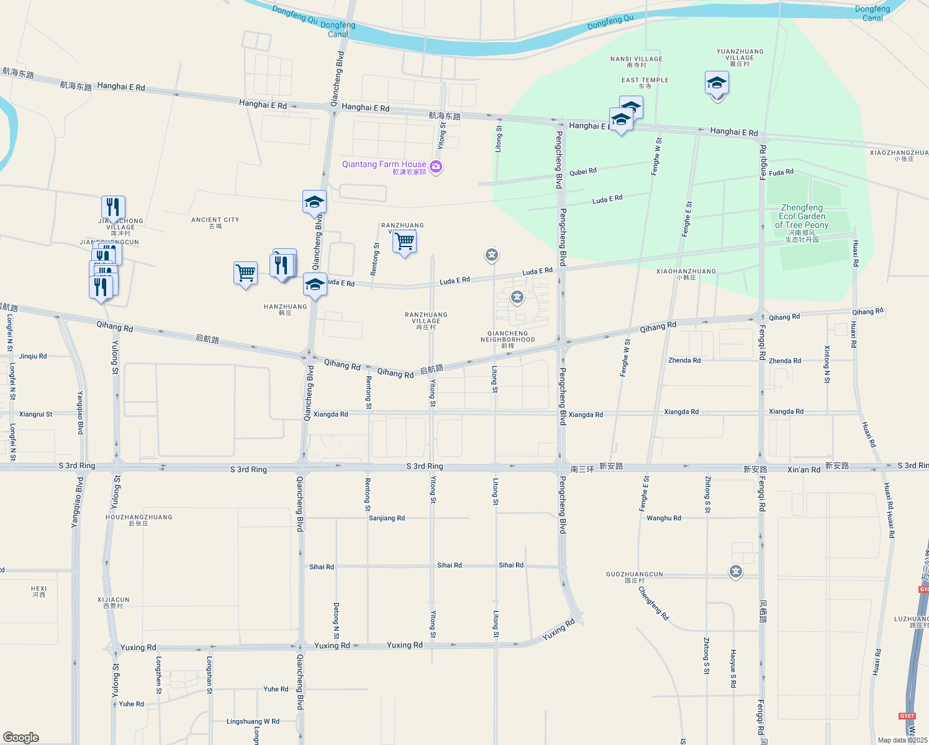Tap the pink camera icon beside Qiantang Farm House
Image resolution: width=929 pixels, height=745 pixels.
click(436, 166)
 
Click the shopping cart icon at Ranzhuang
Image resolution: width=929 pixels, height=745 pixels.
click(404, 241)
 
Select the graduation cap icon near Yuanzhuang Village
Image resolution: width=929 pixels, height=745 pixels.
click(717, 83)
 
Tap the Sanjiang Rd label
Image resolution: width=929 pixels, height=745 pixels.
click(387, 518)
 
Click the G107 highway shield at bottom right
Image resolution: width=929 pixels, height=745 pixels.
click(907, 716)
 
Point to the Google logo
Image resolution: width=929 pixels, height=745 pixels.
click(21, 737)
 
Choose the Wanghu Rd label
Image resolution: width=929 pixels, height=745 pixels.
click(664, 518)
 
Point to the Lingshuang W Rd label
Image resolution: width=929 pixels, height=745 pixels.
click(253, 721)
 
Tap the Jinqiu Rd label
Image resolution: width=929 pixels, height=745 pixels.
click(33, 356)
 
